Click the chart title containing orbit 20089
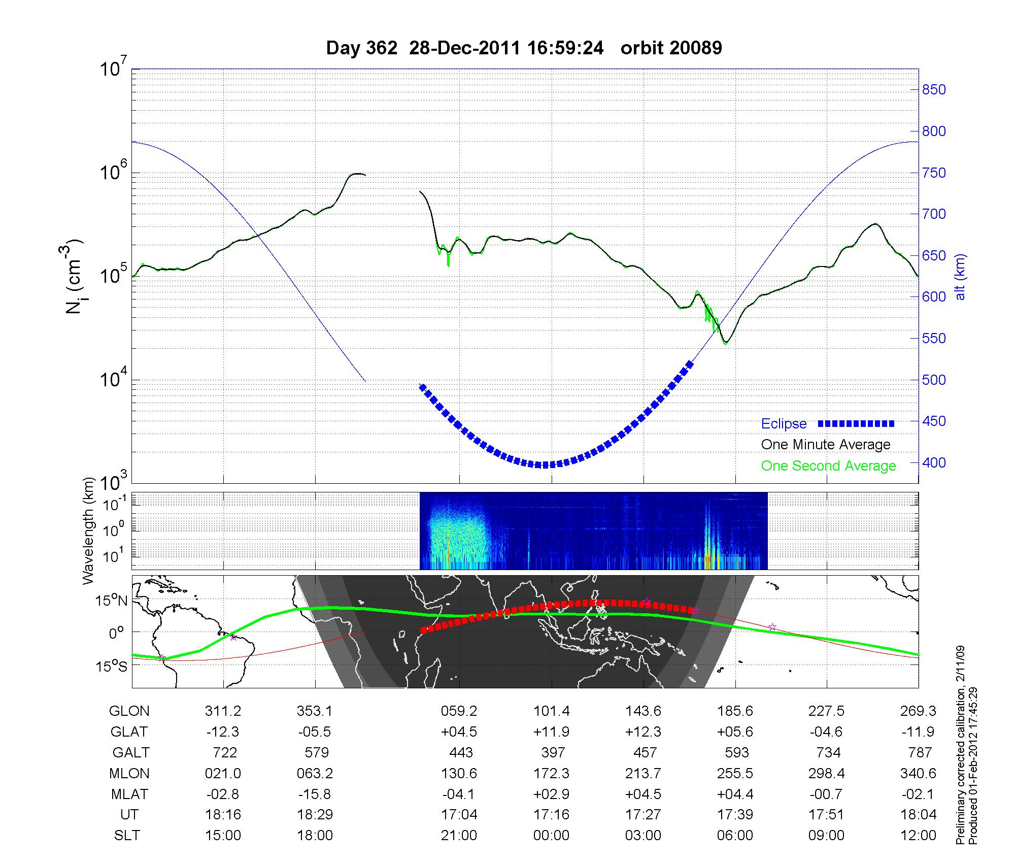pyautogui.click(x=524, y=48)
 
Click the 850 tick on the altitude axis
pyautogui.click(x=933, y=90)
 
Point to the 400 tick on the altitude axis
pyautogui.click(x=933, y=463)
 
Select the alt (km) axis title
pyautogui.click(x=960, y=277)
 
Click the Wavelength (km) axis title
pyautogui.click(x=89, y=530)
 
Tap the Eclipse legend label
pyautogui.click(x=784, y=424)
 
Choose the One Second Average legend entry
pyautogui.click(x=828, y=466)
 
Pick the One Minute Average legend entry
pyautogui.click(x=826, y=445)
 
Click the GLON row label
pyautogui.click(x=129, y=711)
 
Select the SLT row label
pyautogui.click(x=127, y=835)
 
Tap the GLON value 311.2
pyautogui.click(x=223, y=711)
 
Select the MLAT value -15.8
pyautogui.click(x=315, y=794)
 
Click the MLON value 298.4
pyautogui.click(x=827, y=773)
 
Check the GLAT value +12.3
pyautogui.click(x=644, y=732)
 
